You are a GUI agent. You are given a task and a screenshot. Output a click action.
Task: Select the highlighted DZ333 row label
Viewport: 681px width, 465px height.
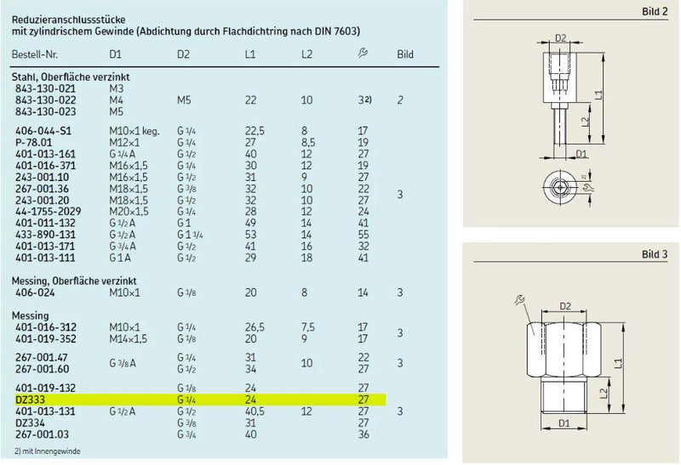(x=30, y=398)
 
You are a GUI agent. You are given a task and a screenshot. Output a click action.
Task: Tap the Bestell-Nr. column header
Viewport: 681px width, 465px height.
(x=35, y=55)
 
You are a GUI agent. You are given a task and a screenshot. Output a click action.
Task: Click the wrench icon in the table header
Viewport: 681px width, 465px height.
(x=363, y=54)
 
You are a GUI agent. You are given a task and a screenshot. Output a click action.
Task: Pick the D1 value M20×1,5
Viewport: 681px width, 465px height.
(x=129, y=211)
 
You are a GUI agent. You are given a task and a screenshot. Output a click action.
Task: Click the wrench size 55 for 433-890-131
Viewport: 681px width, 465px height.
(x=363, y=233)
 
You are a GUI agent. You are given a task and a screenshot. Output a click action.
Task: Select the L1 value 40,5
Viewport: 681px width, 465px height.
(x=252, y=411)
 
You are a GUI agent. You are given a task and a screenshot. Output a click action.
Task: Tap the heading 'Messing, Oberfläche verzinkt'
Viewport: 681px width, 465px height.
(x=74, y=280)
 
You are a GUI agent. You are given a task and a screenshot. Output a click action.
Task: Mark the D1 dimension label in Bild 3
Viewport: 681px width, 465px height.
(x=563, y=422)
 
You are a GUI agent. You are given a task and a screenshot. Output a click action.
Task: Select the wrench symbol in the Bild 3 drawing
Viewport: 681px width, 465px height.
(x=520, y=299)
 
